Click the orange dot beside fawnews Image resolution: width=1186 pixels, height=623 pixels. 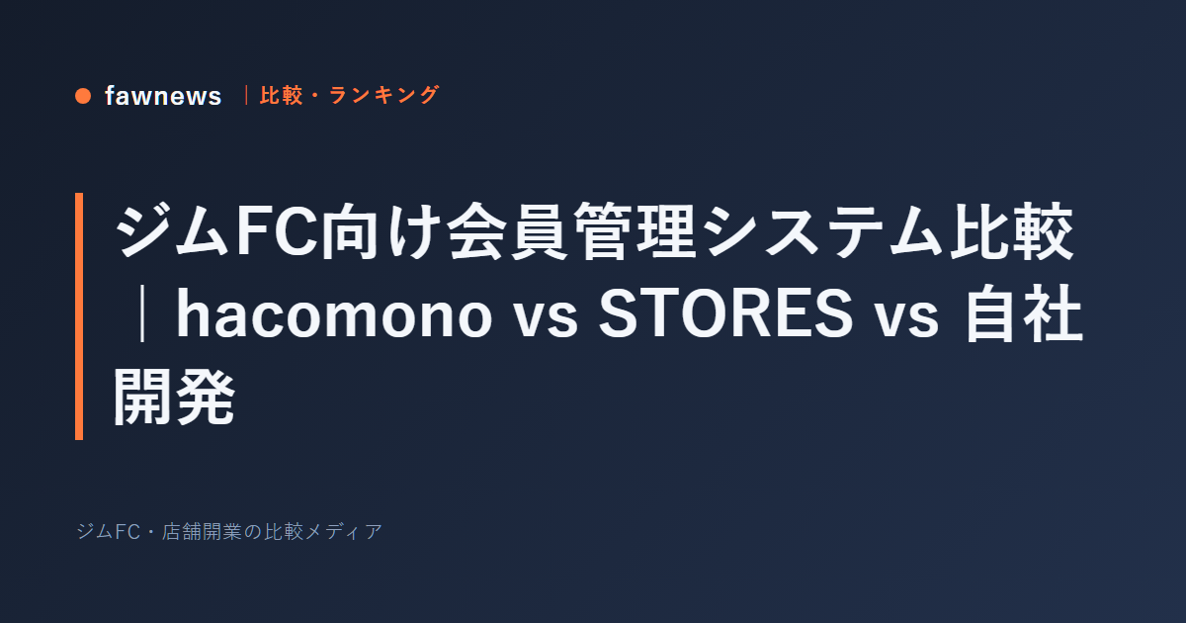(x=83, y=96)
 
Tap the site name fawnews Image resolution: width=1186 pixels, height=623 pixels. (x=163, y=96)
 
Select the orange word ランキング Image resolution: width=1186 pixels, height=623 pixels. (x=383, y=95)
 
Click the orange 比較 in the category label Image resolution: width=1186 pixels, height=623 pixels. (x=281, y=95)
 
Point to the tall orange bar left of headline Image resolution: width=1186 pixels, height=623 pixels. (x=79, y=316)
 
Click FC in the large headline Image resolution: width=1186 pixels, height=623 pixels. (x=276, y=231)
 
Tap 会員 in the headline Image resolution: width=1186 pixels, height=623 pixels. (x=508, y=231)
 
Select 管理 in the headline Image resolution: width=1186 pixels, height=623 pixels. (x=635, y=231)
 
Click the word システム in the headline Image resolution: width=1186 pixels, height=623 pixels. (x=824, y=231)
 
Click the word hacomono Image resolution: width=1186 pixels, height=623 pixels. (x=334, y=314)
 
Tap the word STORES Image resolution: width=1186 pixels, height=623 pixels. (x=725, y=314)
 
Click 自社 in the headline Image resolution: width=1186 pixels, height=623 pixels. (x=1024, y=314)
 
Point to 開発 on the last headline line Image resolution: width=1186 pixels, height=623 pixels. (x=174, y=397)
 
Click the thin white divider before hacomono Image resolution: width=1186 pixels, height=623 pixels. (x=141, y=313)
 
